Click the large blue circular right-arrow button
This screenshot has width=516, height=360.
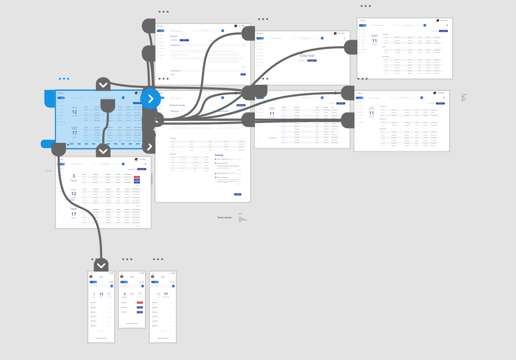(x=150, y=98)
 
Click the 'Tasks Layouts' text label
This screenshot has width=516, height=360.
(x=225, y=217)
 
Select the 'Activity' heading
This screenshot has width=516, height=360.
(x=220, y=155)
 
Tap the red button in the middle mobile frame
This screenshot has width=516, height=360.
(x=140, y=302)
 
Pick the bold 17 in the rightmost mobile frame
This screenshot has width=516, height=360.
(x=166, y=294)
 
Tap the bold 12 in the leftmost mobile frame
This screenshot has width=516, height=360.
(x=101, y=294)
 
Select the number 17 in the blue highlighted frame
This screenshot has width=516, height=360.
(x=74, y=133)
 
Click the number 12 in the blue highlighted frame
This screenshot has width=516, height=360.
(x=74, y=112)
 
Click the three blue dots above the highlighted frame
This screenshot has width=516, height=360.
(x=64, y=78)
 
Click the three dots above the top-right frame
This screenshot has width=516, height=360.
(x=365, y=6)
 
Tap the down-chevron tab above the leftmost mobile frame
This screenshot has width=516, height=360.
(x=101, y=264)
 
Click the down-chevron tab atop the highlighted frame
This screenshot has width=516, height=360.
(x=103, y=84)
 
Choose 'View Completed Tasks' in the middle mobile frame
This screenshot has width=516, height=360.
(x=132, y=323)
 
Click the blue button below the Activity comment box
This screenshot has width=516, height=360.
(x=238, y=194)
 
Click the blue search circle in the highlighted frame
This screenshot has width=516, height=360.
(x=123, y=97)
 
